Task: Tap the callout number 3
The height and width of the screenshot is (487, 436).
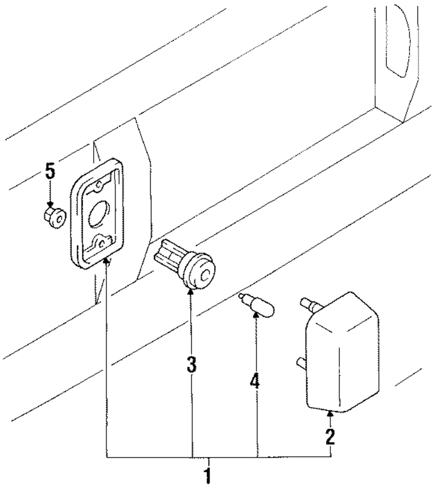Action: point(191,365)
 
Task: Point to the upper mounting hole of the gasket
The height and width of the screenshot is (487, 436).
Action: point(99,185)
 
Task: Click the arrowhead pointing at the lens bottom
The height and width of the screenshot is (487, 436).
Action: point(330,414)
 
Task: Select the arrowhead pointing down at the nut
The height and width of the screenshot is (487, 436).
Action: point(51,204)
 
